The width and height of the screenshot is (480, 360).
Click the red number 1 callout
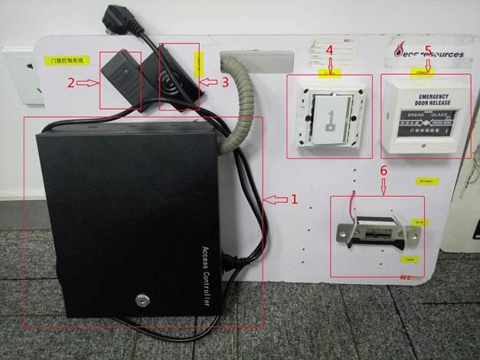pyautogui.click(x=292, y=199)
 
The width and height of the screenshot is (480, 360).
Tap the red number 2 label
pyautogui.click(x=70, y=82)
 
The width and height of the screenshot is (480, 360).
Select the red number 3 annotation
pyautogui.click(x=225, y=81)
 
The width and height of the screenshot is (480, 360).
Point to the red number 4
pyautogui.click(x=329, y=50)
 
